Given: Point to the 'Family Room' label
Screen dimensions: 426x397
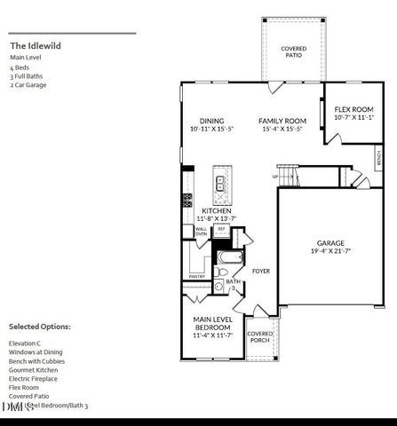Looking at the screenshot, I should [x=282, y=121].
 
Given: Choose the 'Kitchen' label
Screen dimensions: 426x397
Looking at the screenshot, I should [x=216, y=210].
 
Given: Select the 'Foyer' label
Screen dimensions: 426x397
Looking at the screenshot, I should [x=261, y=271].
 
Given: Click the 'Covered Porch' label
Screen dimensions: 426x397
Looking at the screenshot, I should [x=259, y=336].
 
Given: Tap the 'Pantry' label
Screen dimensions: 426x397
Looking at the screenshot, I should [x=197, y=277].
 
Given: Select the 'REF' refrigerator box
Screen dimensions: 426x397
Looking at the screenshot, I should [x=222, y=229].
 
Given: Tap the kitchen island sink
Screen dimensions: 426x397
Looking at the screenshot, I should [x=218, y=185].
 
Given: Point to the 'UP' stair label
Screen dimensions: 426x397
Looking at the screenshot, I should [x=274, y=176].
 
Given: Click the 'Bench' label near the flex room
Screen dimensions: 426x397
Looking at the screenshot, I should [x=379, y=160].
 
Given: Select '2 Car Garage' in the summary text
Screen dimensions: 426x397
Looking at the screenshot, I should [x=28, y=85].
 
